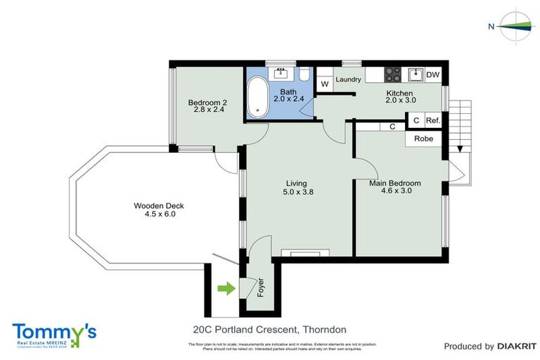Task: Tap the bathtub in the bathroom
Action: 257,98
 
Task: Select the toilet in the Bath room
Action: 304,75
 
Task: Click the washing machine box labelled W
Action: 324,84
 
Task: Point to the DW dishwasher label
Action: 433,75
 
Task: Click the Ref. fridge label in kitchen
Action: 433,121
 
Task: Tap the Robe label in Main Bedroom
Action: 423,139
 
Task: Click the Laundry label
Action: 348,80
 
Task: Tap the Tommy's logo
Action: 54,333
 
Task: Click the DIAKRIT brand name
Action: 517,346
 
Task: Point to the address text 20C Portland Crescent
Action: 269,329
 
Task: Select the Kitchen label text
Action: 399,94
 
